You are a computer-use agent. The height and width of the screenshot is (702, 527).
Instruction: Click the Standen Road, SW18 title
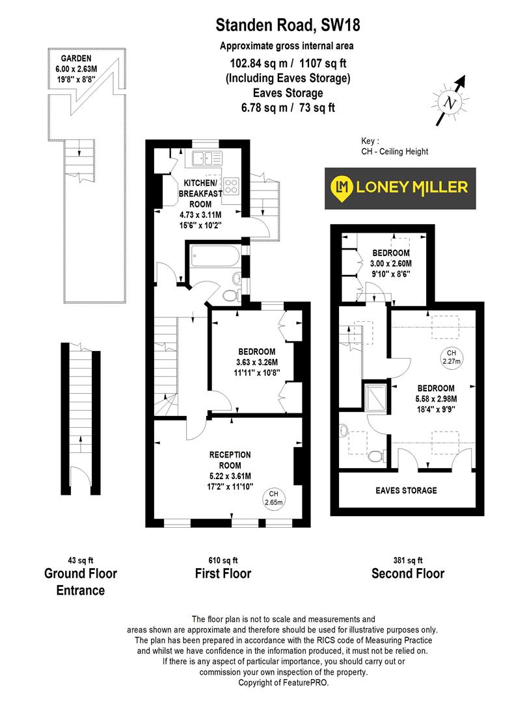pyautogui.click(x=288, y=26)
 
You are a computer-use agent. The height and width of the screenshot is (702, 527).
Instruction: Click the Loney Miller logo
pyautogui.click(x=400, y=188)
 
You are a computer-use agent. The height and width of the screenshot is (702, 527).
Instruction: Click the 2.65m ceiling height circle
pyautogui.click(x=274, y=497)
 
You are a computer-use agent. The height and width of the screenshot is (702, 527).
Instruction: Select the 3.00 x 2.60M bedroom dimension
pyautogui.click(x=391, y=263)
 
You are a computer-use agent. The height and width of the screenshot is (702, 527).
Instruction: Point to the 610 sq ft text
pyautogui.click(x=223, y=560)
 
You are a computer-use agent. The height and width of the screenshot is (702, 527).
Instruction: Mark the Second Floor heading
pyautogui.click(x=408, y=573)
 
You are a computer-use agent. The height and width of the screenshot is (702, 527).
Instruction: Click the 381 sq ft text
pyautogui.click(x=407, y=560)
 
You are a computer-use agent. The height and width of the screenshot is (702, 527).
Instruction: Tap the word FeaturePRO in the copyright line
pyautogui.click(x=310, y=683)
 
